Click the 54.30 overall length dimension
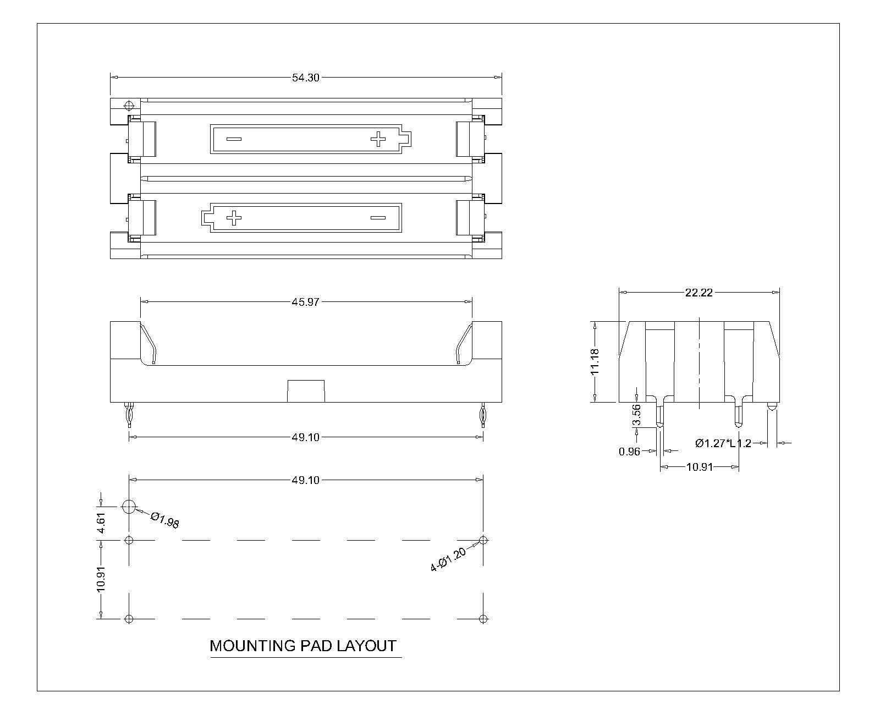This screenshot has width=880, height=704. pyautogui.click(x=305, y=78)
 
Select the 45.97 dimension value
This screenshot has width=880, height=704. pyautogui.click(x=305, y=302)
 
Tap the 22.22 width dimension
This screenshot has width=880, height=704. pyautogui.click(x=698, y=293)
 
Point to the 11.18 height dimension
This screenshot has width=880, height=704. pyautogui.click(x=595, y=362)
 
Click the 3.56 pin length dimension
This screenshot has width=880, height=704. pyautogui.click(x=636, y=415)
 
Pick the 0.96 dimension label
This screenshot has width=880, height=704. pyautogui.click(x=630, y=452)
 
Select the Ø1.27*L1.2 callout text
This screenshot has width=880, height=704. pyautogui.click(x=723, y=443)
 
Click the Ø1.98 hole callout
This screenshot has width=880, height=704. pyautogui.click(x=165, y=520)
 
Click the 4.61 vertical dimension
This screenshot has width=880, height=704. pyautogui.click(x=101, y=522)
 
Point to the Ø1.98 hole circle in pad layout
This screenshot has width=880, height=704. pyautogui.click(x=129, y=507)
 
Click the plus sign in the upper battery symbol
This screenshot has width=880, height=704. pyautogui.click(x=378, y=139)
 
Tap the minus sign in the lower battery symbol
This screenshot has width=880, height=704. pyautogui.click(x=378, y=218)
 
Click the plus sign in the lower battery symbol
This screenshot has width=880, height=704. pyautogui.click(x=234, y=218)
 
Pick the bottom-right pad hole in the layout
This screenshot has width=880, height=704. pyautogui.click(x=483, y=619)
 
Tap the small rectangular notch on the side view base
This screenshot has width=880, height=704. pyautogui.click(x=306, y=391)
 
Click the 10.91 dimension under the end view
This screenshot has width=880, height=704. pyautogui.click(x=699, y=467)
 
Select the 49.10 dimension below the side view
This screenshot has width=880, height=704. pyautogui.click(x=305, y=437)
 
